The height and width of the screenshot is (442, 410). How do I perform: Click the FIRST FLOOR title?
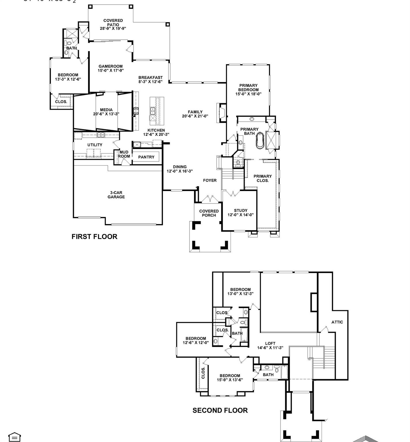point(94,237)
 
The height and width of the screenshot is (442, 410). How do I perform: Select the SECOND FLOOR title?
point(220,410)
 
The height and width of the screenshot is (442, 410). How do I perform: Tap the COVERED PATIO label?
point(113,22)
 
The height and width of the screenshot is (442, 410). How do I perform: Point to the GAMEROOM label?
point(110,66)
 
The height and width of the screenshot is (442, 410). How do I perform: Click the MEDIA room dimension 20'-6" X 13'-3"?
point(106,114)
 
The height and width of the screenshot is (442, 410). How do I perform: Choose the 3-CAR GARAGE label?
point(116,195)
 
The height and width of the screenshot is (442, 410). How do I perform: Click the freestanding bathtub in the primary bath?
point(260,140)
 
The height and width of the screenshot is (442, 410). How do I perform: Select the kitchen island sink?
point(152,110)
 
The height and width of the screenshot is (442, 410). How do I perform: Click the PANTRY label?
point(146,157)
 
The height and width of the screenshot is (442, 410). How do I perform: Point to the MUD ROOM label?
point(124,154)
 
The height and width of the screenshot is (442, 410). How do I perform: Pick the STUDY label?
point(241,210)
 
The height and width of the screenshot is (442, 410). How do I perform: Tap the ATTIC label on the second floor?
point(337,322)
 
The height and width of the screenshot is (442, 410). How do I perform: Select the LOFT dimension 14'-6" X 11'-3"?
point(270,348)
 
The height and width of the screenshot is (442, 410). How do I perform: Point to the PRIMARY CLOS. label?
point(262,178)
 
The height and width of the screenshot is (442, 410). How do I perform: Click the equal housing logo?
point(14,437)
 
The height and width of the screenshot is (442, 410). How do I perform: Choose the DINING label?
point(180,167)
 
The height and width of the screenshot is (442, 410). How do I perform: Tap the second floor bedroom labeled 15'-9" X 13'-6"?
point(230,378)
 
